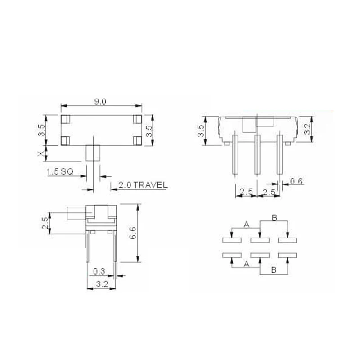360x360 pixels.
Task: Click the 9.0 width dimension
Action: coord(100,102)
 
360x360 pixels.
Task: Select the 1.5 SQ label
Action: coord(60,171)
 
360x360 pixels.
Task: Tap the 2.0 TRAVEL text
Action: coord(143,185)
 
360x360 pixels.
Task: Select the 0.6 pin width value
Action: coord(296,181)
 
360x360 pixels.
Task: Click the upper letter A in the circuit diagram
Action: coord(246,224)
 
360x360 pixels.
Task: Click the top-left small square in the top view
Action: coord(65,119)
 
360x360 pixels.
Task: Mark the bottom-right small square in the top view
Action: coord(137,140)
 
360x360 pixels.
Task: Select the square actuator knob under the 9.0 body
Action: coord(93,153)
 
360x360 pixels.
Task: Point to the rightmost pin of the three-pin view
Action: coord(279,154)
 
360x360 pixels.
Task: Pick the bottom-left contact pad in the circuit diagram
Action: coord(232,256)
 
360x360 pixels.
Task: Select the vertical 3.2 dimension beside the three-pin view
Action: coord(306,129)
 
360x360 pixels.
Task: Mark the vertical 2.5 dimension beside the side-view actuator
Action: coord(44,223)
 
